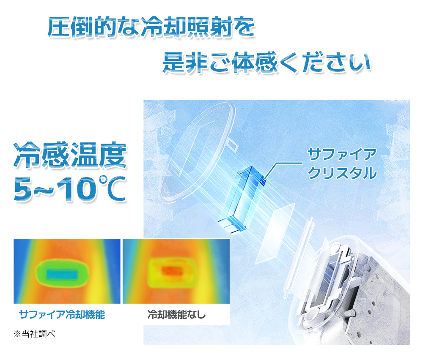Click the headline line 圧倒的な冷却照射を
(x=151, y=27)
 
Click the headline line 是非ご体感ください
(x=267, y=63)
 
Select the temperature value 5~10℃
(x=70, y=188)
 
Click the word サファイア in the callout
(x=342, y=154)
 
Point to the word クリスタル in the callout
(x=342, y=173)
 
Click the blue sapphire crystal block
(x=242, y=199)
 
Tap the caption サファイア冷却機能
(x=62, y=314)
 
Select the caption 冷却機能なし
(x=176, y=314)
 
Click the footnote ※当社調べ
(x=34, y=334)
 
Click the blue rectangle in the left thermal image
(x=62, y=275)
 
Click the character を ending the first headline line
(x=244, y=27)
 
